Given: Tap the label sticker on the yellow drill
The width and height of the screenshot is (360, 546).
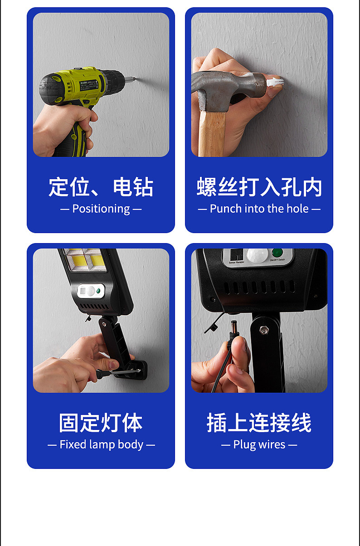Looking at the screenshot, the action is pos(89,85).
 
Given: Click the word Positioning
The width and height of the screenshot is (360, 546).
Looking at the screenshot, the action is pos(101,209).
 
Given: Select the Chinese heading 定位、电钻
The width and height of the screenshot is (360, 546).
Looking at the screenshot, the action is pos(101,187).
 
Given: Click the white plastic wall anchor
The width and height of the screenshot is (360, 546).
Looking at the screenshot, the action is pos(275,82).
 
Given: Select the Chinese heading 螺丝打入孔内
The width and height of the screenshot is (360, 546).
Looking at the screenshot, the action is pos(259,187).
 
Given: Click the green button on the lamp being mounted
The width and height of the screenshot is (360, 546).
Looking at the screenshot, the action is pos(98,291).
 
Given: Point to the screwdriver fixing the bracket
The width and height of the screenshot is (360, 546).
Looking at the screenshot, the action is pos(117,372).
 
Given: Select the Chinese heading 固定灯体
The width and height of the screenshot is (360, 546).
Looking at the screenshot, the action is pos(101,423).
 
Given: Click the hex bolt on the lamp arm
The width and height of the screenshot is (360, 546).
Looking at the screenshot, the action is pos(264,330).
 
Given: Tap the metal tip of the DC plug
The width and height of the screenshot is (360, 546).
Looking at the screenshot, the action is pos(234,326).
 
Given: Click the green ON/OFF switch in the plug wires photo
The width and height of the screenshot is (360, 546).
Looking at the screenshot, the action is pos(277,253).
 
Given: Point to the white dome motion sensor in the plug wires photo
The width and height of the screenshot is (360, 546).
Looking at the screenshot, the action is pos(258,255).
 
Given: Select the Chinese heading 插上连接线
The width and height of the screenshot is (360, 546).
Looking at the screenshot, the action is pos(259,423).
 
